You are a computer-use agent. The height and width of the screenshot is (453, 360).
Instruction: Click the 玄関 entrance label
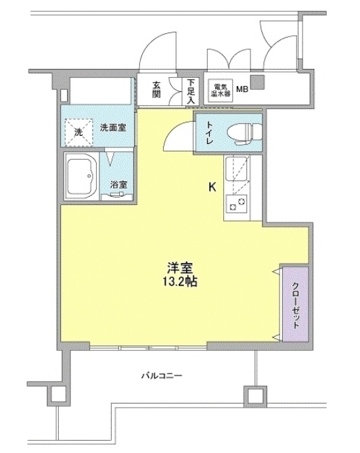pos(156,89)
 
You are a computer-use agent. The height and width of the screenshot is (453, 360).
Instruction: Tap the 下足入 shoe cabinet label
pos(191,91)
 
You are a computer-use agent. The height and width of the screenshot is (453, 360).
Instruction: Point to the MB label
pos(242,89)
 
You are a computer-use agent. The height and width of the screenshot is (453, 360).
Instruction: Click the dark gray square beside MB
pos(257,82)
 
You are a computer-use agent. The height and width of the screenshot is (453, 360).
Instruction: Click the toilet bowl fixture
pos(244,133)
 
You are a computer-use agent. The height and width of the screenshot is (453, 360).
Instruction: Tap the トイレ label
pos(210,133)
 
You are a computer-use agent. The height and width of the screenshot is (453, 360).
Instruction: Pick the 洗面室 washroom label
pos(113,127)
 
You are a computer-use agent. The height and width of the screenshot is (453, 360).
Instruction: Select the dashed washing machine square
pos(79,132)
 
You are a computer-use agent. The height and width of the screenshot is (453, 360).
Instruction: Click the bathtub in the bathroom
pos(82,176)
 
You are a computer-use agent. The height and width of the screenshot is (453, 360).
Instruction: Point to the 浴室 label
pos(118,185)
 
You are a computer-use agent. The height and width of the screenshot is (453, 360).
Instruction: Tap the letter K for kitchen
pos(212,187)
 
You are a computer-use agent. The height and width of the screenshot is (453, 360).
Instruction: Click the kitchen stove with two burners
pos(237,204)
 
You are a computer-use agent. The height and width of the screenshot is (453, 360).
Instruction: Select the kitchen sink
pos(237,169)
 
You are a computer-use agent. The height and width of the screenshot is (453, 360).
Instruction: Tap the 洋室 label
pos(180,268)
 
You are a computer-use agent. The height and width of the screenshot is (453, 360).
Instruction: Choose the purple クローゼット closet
pos(295,304)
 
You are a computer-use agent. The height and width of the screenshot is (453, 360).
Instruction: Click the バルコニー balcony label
pos(162,375)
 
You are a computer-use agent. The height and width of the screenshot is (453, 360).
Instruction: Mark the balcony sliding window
pos(148,347)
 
